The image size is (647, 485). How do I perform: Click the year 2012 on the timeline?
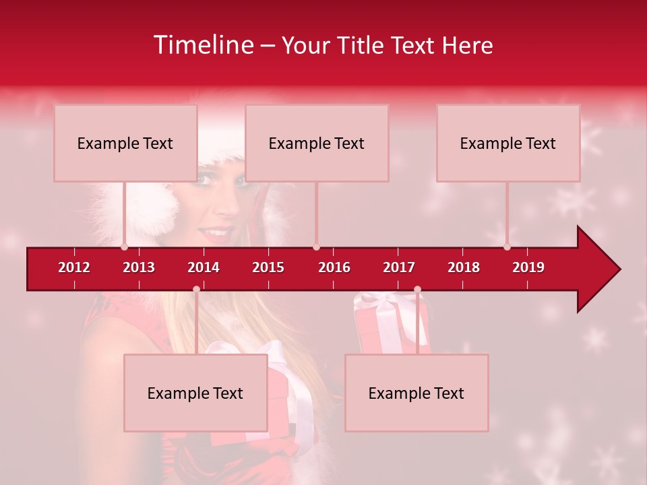coord(74,267)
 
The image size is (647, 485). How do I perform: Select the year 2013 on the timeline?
coord(139,267)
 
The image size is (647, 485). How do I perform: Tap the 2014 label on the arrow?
coord(204,267)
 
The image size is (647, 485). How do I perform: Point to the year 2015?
coord(268,267)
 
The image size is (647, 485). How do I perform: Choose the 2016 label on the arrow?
coord(334,267)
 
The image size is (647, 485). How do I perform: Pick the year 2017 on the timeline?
coord(399,267)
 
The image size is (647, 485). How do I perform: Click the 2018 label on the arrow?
coord(464,267)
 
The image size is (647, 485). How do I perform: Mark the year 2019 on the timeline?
coord(528,267)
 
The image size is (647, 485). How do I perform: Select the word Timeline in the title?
coord(203,45)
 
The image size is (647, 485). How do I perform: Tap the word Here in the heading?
coord(467,45)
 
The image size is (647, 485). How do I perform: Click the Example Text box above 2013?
coord(125,143)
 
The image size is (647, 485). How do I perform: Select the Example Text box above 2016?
coord(317,143)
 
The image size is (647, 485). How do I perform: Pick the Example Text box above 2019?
coord(508,143)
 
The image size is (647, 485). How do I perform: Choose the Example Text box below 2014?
coord(195,393)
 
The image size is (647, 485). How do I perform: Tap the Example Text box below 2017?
coord(417,393)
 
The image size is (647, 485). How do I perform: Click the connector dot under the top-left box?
coord(124,247)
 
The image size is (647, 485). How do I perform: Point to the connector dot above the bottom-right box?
coord(417,290)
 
